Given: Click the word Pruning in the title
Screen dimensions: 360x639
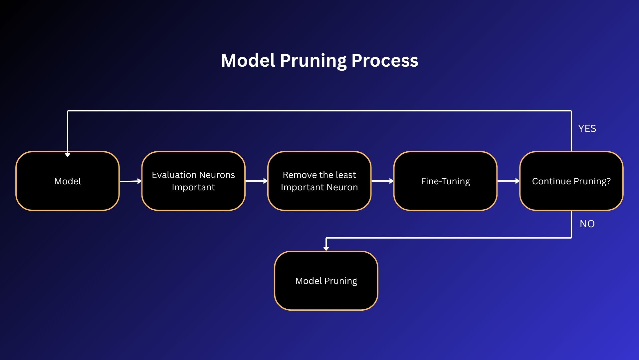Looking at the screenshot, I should coord(314,61).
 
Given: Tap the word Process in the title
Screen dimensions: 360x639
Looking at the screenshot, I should coord(385,61).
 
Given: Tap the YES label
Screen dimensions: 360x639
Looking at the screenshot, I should coord(587,129).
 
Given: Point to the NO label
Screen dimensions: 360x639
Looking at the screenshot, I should coord(587,224).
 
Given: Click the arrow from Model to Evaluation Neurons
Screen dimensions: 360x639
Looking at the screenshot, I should coord(130,181).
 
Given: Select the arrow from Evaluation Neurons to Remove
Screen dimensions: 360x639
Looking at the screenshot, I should coord(256,181).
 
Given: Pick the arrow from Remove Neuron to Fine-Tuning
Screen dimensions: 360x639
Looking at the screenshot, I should coord(382,181).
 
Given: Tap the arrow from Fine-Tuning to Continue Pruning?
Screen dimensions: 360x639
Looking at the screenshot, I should coord(508,181).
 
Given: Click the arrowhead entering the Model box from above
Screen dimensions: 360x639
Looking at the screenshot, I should coord(68,155).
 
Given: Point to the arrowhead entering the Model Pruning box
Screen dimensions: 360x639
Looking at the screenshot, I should coord(326,248).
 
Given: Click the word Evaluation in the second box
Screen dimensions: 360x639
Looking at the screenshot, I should coord(174,175).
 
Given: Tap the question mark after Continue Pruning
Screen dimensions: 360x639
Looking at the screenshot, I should coord(609,181).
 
